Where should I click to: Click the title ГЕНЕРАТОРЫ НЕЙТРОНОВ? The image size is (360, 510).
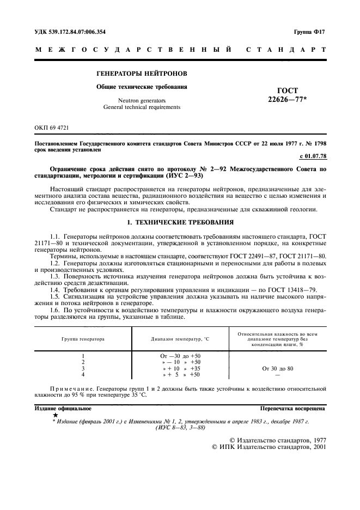pos(142,73)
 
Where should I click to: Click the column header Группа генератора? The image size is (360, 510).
pos(83,338)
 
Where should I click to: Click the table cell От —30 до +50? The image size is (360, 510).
pos(178,355)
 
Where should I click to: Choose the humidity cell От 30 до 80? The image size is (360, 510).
pos(277,368)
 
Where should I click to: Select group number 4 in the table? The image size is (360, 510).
pos(83,375)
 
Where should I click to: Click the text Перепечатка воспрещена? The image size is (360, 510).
pos(293,408)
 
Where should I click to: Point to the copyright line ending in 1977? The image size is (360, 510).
pos(277,439)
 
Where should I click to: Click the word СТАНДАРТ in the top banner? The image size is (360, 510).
pos(286,50)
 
